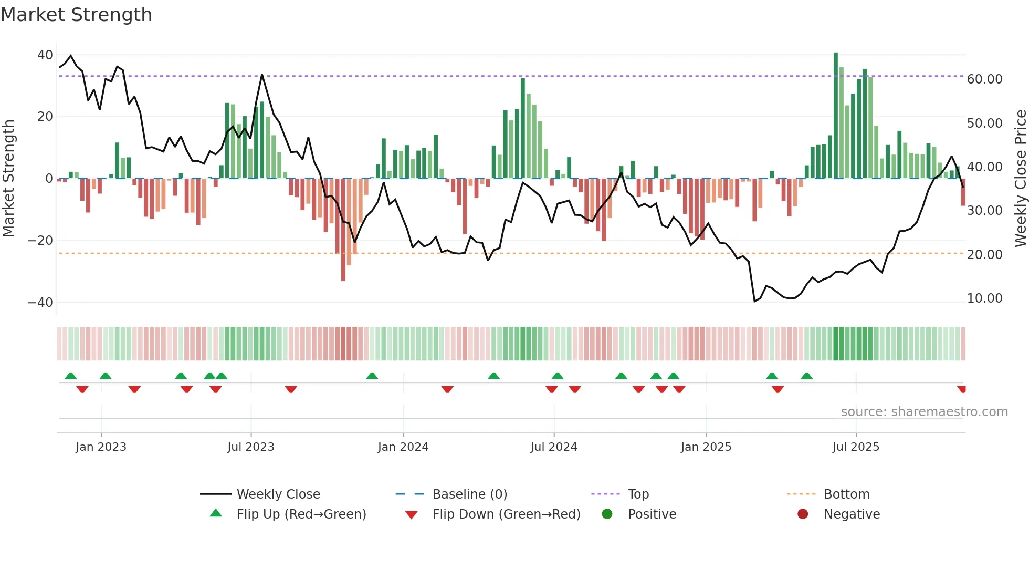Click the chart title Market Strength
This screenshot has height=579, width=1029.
[x=76, y=15]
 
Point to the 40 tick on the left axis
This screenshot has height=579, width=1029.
[x=45, y=55]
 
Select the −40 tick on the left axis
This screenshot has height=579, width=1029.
[x=40, y=303]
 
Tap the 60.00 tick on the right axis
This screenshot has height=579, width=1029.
[x=984, y=79]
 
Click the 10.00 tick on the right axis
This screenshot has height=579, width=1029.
[x=984, y=298]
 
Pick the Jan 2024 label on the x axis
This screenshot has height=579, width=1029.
[x=403, y=447]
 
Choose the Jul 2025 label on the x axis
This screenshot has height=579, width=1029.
[x=855, y=447]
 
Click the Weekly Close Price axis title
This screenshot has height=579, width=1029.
[x=1020, y=179]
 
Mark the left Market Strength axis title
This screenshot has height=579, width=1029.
[x=9, y=179]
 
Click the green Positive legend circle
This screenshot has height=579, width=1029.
[x=607, y=514]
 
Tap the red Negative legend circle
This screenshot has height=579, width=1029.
[x=803, y=514]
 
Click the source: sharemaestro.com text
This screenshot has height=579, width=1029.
[x=924, y=412]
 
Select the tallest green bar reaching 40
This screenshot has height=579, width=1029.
[x=836, y=116]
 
